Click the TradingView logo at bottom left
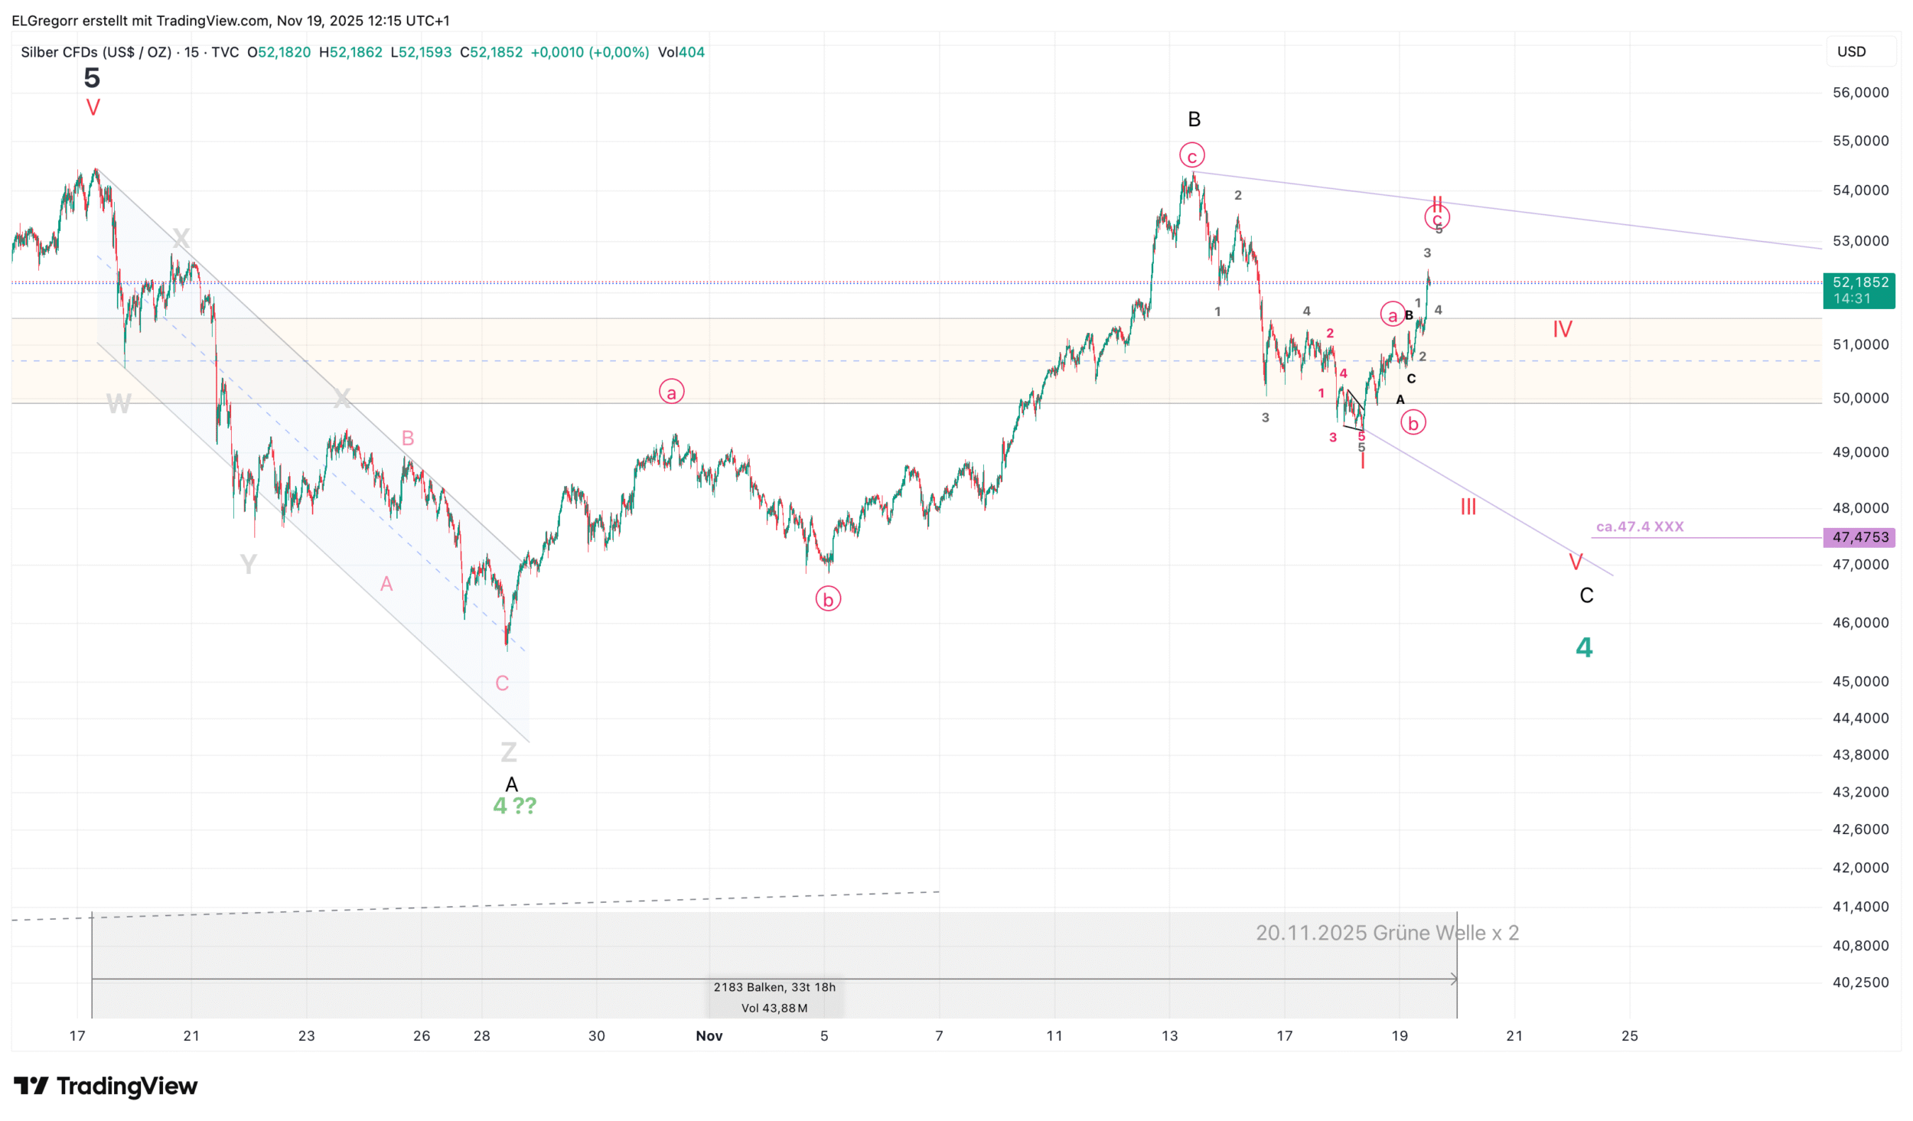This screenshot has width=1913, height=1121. click(x=106, y=1086)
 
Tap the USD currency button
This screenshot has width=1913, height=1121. click(x=1852, y=51)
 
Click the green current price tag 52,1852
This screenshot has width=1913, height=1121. click(x=1859, y=290)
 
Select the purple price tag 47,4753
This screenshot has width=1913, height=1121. click(x=1859, y=537)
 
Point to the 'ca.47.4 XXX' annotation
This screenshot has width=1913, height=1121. click(x=1640, y=526)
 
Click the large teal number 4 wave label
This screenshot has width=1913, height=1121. click(x=1584, y=647)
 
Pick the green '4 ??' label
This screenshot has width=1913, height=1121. click(x=515, y=805)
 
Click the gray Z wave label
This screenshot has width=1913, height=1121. click(x=509, y=752)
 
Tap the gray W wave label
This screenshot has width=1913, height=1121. click(x=119, y=403)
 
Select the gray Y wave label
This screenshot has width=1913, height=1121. click(x=249, y=565)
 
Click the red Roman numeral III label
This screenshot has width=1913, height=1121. click(x=1468, y=507)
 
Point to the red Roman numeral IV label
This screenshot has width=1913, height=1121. click(x=1562, y=330)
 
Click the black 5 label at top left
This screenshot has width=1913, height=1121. click(x=92, y=77)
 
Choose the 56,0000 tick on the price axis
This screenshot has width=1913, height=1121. click(x=1860, y=93)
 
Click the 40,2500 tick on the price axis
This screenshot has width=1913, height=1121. click(x=1860, y=982)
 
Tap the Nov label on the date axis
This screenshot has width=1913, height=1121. click(x=709, y=1035)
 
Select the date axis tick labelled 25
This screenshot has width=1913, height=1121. click(x=1630, y=1035)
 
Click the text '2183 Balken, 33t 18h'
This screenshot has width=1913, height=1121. click(x=774, y=987)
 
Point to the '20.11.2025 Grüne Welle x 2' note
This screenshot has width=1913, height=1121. click(x=1387, y=933)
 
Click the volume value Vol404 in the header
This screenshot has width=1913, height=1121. click(x=681, y=52)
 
